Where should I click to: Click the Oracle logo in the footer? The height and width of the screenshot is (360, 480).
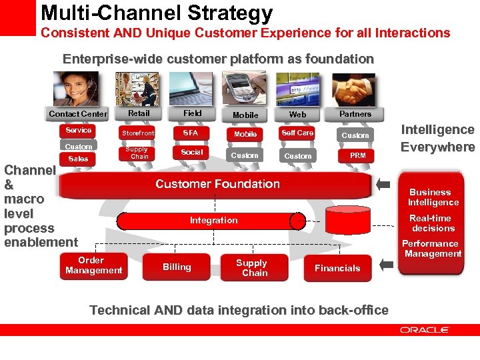(425, 329)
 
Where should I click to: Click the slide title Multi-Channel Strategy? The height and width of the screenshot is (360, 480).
(157, 13)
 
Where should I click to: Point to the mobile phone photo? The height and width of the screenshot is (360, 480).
(245, 89)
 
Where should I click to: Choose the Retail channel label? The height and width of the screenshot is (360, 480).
(139, 113)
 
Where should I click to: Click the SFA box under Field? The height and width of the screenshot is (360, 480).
(191, 133)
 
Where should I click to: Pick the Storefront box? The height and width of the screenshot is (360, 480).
(139, 133)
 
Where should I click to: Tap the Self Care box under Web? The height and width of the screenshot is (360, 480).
(297, 133)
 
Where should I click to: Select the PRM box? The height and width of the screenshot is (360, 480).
(358, 155)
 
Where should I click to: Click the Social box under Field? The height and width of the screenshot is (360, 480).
(191, 152)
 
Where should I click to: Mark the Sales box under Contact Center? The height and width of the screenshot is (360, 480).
(78, 159)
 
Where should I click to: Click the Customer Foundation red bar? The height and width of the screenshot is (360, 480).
(217, 184)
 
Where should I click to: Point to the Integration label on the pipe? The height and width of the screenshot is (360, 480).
(213, 220)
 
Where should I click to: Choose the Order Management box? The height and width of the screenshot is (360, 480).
(93, 265)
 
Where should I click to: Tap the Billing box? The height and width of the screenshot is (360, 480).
(177, 267)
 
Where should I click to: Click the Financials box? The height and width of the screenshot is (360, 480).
(337, 268)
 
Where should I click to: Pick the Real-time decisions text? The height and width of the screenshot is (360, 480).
(433, 223)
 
